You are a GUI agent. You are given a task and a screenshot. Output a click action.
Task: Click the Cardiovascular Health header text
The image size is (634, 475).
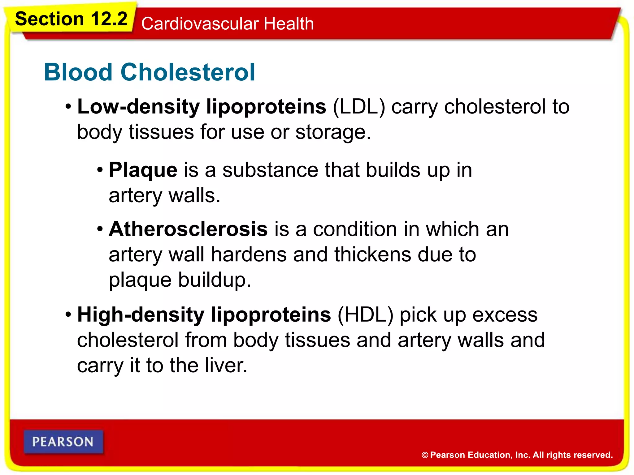pos(228,24)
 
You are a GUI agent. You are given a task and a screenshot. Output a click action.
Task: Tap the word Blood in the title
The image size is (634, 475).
pos(78,72)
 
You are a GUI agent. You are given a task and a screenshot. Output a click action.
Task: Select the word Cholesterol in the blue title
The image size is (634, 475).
pos(188,72)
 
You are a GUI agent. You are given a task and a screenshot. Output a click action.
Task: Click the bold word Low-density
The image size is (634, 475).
pos(139,107)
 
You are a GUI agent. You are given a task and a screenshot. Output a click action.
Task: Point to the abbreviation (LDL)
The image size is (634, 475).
pos(359,107)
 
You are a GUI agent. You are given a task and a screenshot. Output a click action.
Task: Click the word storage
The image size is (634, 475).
pos(333,132)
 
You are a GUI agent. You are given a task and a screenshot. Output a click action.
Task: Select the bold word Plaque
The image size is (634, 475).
pos(143,170)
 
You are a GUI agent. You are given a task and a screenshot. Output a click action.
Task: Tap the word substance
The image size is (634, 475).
pos(270,170)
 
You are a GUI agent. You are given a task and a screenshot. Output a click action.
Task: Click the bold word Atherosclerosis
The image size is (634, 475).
pos(188,229)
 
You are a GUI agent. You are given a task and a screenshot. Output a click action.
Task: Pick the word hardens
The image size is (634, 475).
pos(249,255)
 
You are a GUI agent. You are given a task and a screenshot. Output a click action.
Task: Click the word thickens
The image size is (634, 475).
pos(372,255)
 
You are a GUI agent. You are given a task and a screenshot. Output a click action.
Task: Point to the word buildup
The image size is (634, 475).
pos(215,280)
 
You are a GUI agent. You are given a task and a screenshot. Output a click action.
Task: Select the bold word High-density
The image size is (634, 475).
pos(141,315)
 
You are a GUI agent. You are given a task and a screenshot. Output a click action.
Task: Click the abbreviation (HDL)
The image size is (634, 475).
pos(365,315)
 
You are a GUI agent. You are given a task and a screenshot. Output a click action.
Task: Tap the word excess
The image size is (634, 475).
pos(505,315)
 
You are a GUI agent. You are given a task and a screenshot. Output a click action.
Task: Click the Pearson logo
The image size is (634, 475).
pos(63,442)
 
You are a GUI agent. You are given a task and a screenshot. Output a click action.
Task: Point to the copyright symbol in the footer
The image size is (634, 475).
pos(425,455)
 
